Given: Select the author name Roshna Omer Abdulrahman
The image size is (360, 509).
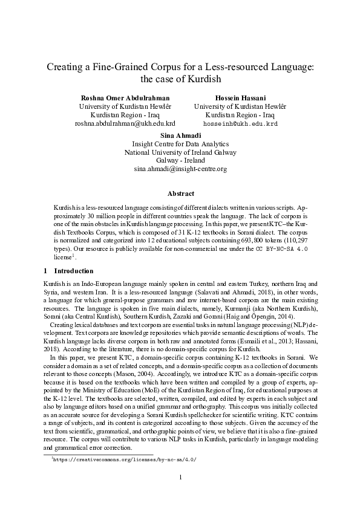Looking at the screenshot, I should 125,97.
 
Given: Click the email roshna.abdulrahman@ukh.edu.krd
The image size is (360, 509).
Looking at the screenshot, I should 125,123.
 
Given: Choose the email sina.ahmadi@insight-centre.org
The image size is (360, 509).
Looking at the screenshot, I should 180,169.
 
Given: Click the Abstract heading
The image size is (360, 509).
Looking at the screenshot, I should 180,193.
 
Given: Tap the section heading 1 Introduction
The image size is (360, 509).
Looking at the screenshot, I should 69,271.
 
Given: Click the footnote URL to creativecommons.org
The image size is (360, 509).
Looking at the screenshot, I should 124,459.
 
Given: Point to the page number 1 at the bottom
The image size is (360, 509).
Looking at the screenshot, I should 180,479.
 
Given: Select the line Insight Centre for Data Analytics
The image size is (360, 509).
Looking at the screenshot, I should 180,144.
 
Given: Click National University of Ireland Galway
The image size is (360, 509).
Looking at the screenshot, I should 180,152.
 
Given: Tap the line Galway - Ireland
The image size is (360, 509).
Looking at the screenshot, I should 180,161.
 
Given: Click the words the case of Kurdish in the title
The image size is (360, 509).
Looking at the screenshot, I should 180,79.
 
